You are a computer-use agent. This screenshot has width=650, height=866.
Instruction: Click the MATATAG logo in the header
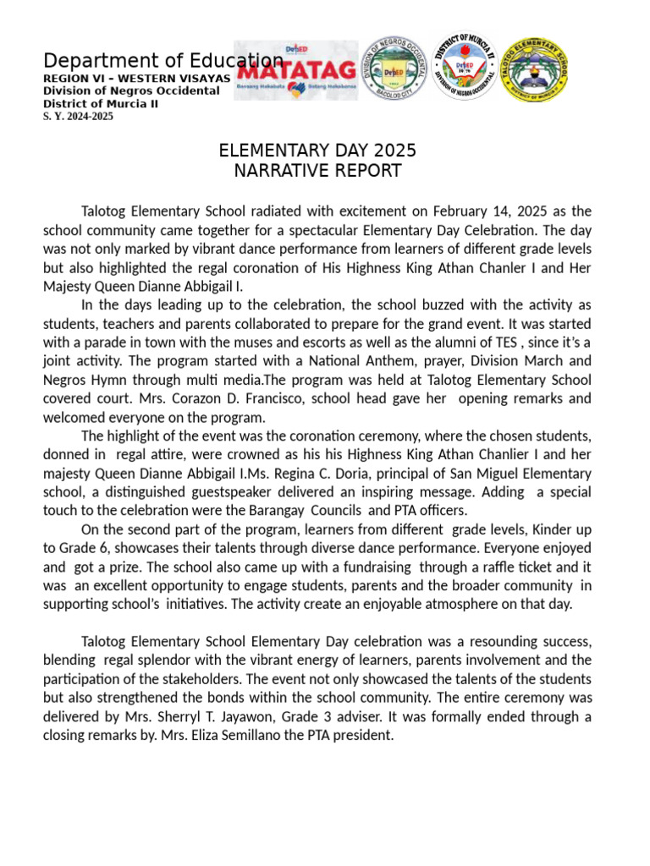tap(295, 70)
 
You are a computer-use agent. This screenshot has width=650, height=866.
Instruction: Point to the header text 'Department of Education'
tap(163, 61)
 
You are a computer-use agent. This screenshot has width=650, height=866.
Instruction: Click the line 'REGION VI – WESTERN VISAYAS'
tap(136, 78)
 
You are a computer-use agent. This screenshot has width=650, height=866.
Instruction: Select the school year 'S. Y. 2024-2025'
tap(78, 117)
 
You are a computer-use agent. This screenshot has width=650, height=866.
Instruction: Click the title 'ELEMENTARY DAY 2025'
tap(317, 151)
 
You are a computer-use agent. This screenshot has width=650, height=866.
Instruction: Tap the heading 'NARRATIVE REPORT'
tap(317, 171)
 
